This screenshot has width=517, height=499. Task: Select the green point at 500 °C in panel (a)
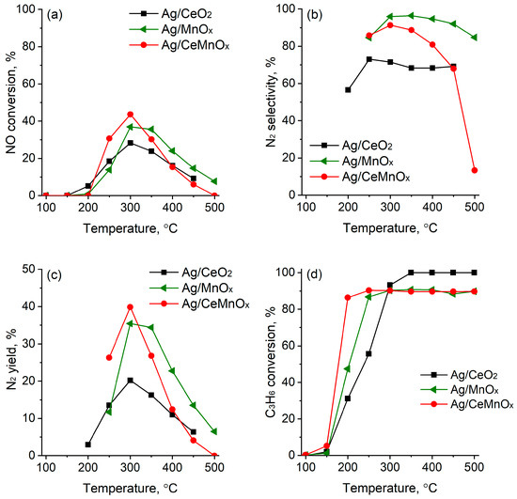tap(214, 181)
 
